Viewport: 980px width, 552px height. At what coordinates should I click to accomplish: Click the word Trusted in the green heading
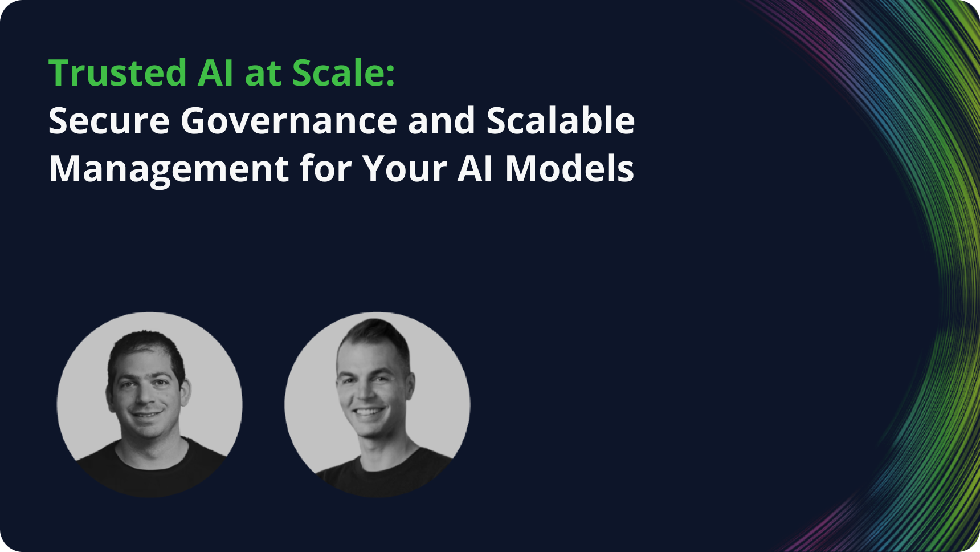(118, 73)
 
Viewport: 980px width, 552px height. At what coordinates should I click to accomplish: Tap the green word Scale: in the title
(343, 73)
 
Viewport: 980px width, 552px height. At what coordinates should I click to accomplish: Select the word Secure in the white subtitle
(109, 121)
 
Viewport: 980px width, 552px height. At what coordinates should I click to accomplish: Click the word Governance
(289, 121)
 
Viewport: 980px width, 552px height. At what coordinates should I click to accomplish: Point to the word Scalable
(561, 121)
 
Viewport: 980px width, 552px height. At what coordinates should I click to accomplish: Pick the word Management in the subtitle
(169, 169)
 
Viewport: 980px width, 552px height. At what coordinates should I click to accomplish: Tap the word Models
(570, 169)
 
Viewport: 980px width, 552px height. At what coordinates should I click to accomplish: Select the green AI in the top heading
(215, 73)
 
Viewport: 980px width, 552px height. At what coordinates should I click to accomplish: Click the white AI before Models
(475, 169)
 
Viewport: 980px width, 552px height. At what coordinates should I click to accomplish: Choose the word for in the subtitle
(325, 169)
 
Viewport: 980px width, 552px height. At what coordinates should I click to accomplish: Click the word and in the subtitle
(442, 121)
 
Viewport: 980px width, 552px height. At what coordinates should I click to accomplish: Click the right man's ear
(409, 387)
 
